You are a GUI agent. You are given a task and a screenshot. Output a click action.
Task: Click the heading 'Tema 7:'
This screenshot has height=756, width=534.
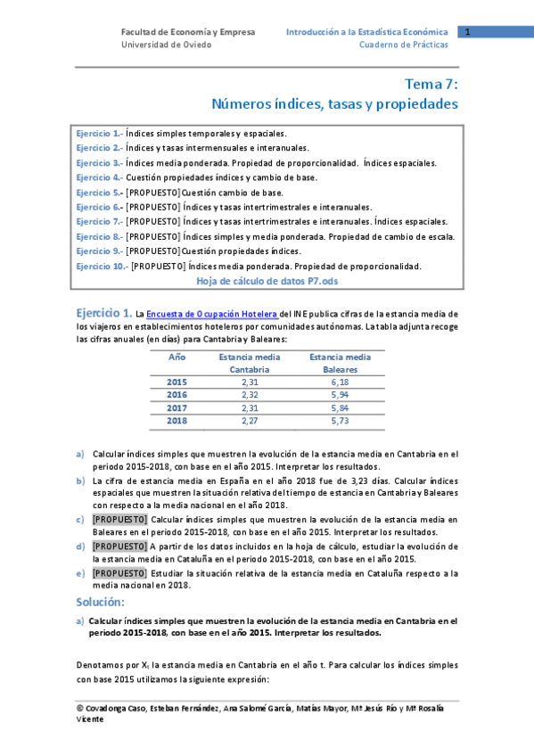pyautogui.click(x=431, y=85)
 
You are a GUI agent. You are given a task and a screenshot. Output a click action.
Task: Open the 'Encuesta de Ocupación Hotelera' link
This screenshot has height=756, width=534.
pyautogui.click(x=212, y=314)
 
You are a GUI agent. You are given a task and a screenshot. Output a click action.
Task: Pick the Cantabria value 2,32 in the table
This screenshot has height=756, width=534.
pyautogui.click(x=249, y=395)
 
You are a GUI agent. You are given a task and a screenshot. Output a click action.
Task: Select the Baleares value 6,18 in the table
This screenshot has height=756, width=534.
pyautogui.click(x=340, y=382)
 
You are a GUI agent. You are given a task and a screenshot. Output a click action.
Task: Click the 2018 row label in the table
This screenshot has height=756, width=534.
pyautogui.click(x=177, y=421)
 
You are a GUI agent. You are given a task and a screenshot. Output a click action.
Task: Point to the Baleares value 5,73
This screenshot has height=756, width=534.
pyautogui.click(x=340, y=421)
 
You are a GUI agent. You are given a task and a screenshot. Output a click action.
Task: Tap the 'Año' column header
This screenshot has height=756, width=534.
pyautogui.click(x=177, y=357)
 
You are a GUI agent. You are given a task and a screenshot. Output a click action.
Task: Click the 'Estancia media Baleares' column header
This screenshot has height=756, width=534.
pyautogui.click(x=340, y=363)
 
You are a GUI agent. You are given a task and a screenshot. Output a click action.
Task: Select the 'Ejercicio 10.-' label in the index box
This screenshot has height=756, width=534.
pyautogui.click(x=102, y=267)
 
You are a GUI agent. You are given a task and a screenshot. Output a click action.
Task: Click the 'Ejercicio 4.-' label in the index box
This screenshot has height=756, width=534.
pyautogui.click(x=99, y=177)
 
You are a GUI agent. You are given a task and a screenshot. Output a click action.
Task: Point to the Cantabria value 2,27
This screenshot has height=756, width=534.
pyautogui.click(x=249, y=421)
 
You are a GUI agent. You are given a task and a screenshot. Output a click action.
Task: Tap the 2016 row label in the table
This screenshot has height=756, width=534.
pyautogui.click(x=177, y=395)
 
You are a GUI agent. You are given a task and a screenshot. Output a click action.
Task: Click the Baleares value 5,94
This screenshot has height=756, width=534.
pyautogui.click(x=340, y=395)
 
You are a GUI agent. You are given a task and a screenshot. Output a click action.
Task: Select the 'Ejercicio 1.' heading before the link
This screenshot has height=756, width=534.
pyautogui.click(x=104, y=313)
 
